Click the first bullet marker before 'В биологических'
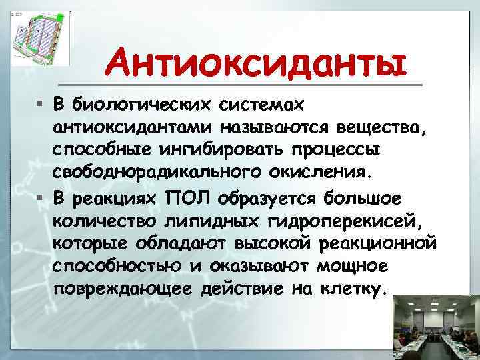click(40, 105)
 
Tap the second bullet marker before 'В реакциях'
click(40, 197)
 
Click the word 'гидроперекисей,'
click(335, 220)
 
